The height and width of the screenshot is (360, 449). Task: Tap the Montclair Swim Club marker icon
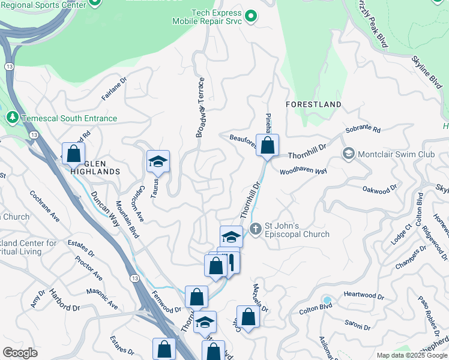coord(348,154)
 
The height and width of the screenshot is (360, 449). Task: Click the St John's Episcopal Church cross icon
coord(255,229)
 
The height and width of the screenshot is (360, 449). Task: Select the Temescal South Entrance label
coord(69,118)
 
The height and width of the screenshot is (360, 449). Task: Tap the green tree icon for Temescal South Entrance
coord(12,118)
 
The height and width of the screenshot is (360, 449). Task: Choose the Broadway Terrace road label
coord(201,107)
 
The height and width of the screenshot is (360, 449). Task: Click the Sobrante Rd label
coord(363,130)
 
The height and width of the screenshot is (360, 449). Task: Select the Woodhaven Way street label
coord(303,172)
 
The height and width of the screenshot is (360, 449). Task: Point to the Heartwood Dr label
coord(364,296)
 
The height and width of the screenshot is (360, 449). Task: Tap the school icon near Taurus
coord(158,161)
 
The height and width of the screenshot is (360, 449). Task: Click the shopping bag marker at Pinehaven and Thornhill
coord(267,145)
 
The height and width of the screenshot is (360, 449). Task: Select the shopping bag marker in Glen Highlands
coord(73,154)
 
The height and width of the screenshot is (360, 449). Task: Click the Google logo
coord(20,352)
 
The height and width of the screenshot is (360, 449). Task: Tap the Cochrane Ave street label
coord(45,205)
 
